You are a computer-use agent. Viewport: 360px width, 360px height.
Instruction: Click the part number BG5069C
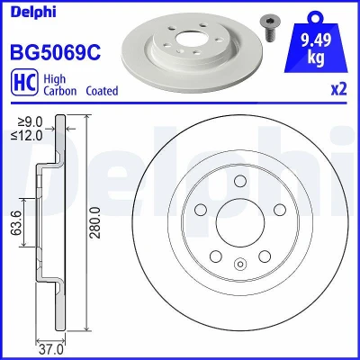pyautogui.click(x=56, y=51)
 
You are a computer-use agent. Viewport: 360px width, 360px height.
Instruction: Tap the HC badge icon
pyautogui.click(x=24, y=82)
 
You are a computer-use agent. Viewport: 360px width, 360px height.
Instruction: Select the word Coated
pyautogui.click(x=102, y=91)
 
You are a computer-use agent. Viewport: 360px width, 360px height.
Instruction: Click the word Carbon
pyautogui.click(x=60, y=91)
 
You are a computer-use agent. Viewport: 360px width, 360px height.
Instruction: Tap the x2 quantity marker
pyautogui.click(x=339, y=89)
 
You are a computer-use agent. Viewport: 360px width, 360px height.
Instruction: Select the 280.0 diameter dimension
pyautogui.click(x=95, y=222)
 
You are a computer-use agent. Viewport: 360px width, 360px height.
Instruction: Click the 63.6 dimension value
pyautogui.click(x=17, y=222)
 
